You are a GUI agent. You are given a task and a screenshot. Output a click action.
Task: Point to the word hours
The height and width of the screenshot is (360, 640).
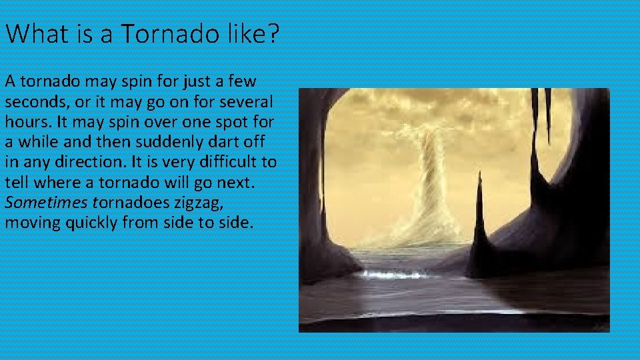pos(23,123)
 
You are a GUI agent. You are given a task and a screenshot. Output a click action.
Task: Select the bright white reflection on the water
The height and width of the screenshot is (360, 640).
pos(393,273)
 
